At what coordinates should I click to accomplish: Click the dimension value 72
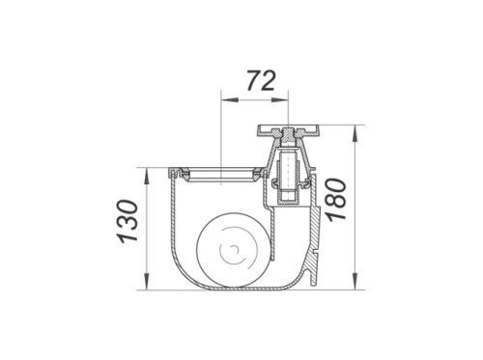(x=261, y=81)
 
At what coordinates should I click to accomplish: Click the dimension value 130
(x=128, y=221)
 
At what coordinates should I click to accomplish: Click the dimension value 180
(x=336, y=200)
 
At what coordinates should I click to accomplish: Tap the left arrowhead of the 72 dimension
(x=229, y=99)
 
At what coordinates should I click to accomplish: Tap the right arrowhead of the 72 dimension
(x=281, y=99)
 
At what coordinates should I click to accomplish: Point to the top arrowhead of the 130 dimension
(x=147, y=176)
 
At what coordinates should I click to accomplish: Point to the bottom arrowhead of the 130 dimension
(x=147, y=282)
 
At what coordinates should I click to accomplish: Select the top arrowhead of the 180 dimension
(x=355, y=133)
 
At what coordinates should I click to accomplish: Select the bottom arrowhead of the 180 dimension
(x=355, y=282)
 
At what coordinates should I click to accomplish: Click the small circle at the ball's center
(x=235, y=249)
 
